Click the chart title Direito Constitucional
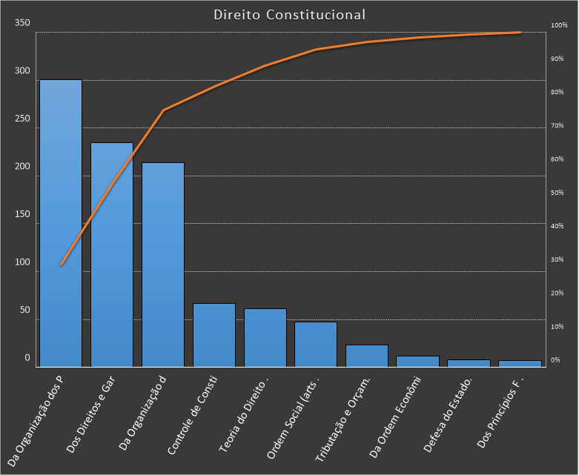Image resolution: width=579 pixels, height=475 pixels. [x=289, y=14]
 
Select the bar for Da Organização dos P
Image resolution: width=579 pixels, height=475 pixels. [x=61, y=222]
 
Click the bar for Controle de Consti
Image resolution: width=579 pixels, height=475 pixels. [x=214, y=335]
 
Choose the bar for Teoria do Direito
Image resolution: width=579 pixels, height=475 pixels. [x=265, y=337]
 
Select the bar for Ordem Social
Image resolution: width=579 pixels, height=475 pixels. [x=316, y=344]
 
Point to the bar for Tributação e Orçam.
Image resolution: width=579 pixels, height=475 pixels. [x=367, y=356]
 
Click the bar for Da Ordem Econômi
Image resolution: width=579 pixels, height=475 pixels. [x=418, y=362]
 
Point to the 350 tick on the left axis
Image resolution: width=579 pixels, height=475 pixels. [x=22, y=23]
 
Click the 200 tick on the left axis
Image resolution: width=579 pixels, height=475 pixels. [x=22, y=167]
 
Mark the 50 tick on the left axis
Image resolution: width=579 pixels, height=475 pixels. [x=24, y=310]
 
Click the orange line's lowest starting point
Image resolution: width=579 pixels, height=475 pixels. [x=61, y=265]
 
